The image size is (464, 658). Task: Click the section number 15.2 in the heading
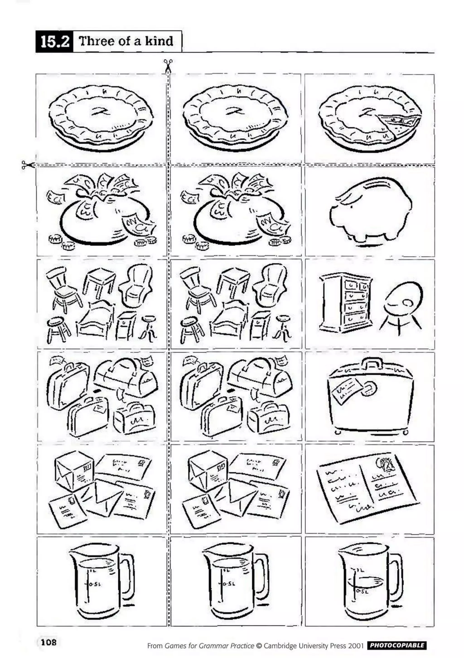pos(54,42)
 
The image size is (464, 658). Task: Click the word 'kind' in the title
pos(159,41)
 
